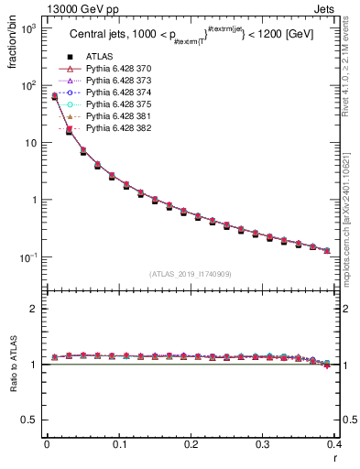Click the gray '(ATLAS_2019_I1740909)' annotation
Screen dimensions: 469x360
[190, 274]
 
